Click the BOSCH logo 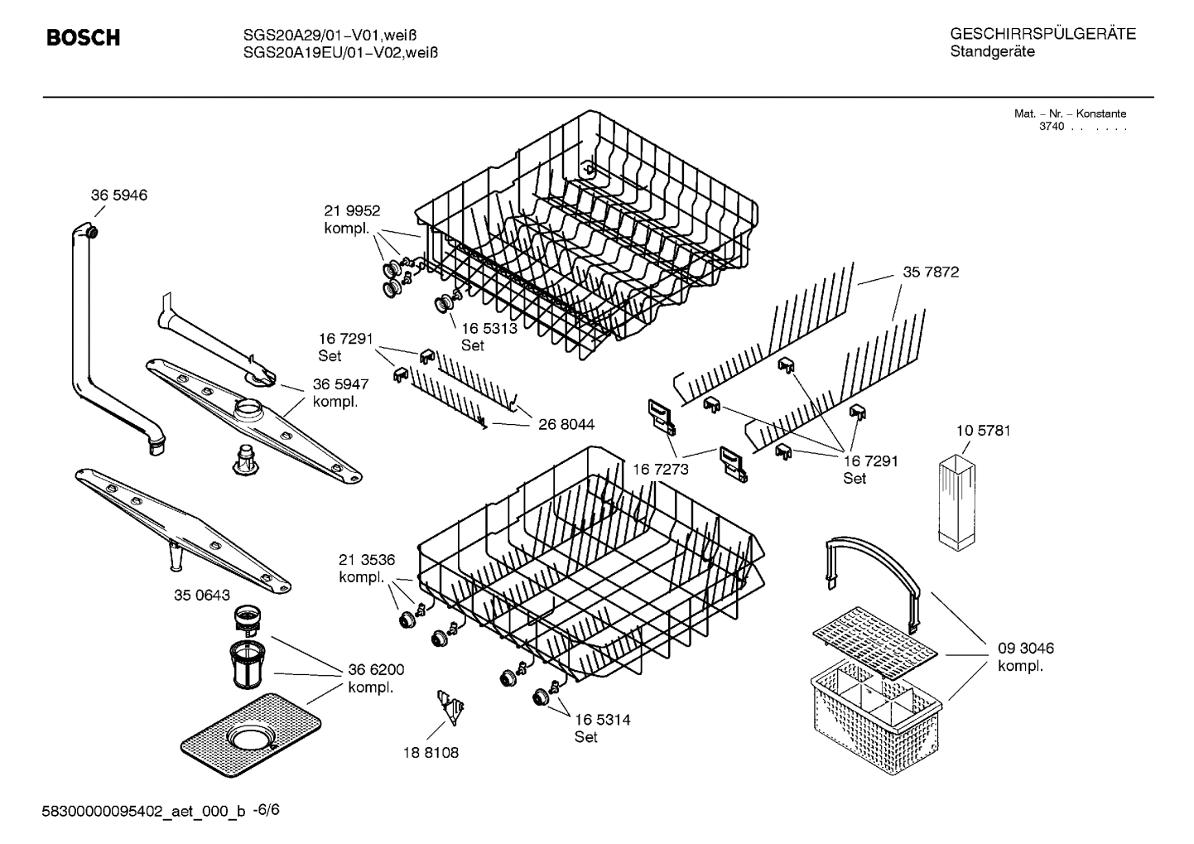click(83, 38)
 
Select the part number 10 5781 click(983, 431)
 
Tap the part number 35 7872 click(931, 272)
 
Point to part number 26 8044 click(566, 425)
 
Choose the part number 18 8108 click(431, 753)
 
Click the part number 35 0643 click(201, 596)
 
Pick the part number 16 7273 click(661, 470)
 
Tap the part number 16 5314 click(602, 720)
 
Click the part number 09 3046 click(1025, 649)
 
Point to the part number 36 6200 click(376, 670)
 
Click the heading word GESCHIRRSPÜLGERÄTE click(1042, 35)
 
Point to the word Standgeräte click(992, 52)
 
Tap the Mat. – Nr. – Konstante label click(1070, 113)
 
